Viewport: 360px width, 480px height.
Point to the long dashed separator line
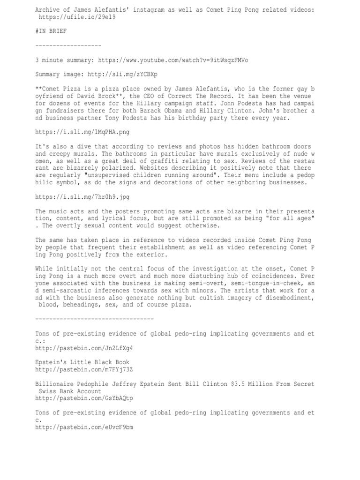[x=94, y=319]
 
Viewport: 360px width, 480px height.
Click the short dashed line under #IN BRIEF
[x=68, y=45]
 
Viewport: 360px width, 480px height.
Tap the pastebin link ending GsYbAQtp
[x=84, y=398]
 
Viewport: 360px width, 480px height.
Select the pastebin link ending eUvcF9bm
[x=84, y=427]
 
